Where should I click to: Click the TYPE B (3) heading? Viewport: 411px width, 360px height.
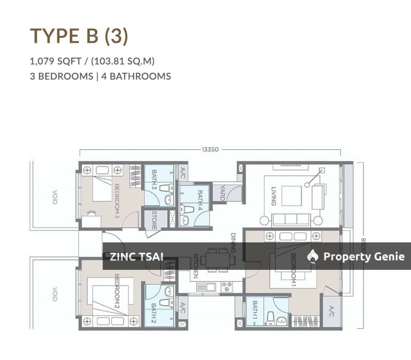click(79, 36)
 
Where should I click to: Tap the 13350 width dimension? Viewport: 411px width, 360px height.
click(210, 149)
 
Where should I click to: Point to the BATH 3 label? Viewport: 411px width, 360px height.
click(154, 179)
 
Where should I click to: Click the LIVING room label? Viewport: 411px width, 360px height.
click(274, 196)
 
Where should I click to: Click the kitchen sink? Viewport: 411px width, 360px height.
click(205, 287)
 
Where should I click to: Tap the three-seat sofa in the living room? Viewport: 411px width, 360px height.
click(291, 219)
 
